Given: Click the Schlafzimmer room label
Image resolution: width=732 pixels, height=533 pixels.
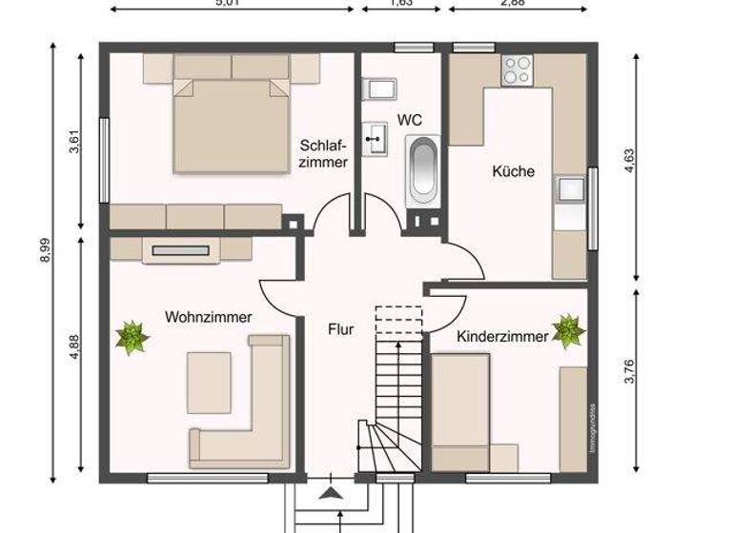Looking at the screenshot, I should coord(324,153).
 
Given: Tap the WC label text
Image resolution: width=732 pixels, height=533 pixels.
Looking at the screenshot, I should coord(410,120).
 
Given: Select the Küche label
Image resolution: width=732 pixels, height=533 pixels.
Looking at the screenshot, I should coord(513,172).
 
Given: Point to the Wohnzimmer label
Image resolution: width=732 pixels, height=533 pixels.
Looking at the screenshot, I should coord(208,317).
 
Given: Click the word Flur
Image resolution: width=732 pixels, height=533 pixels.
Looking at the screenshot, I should coord(340,330).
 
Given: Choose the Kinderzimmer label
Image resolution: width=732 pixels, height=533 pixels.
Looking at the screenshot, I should coord(502,337).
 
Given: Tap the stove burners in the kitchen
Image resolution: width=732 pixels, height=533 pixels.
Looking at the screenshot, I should coord(518,69).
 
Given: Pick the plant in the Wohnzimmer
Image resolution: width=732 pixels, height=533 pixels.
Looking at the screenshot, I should coord(132,337).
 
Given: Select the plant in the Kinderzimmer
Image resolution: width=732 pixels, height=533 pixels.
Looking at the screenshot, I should coord(568,330).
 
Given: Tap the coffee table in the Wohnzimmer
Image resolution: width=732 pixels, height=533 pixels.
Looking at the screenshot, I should coord(209,382).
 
